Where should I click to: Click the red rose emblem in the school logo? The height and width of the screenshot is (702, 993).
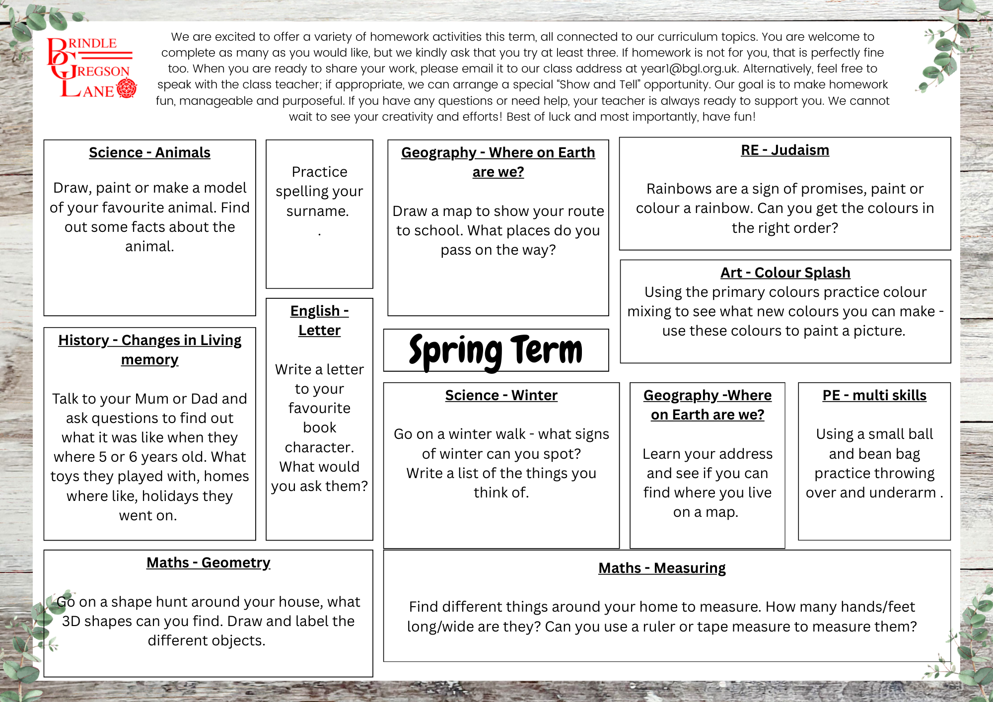[x=127, y=88]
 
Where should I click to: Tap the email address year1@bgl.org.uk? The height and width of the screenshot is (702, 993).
[x=689, y=69]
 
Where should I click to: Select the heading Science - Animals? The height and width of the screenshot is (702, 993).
[x=149, y=152]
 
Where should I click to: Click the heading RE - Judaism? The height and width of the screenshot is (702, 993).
[x=785, y=150]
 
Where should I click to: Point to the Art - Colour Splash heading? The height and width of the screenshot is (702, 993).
[x=785, y=273]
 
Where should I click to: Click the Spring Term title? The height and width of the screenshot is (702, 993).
[x=496, y=351]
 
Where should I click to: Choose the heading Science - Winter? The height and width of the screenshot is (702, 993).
[x=501, y=395]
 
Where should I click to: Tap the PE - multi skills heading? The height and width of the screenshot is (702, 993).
[x=874, y=395]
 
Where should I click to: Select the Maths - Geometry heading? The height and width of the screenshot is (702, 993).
[x=208, y=562]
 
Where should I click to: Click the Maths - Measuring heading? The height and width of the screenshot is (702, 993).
[x=662, y=568]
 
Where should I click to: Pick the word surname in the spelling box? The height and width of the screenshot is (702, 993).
[x=318, y=211]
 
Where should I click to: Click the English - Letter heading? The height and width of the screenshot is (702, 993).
[x=319, y=320]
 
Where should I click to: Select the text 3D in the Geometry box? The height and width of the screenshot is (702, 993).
[x=71, y=621]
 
